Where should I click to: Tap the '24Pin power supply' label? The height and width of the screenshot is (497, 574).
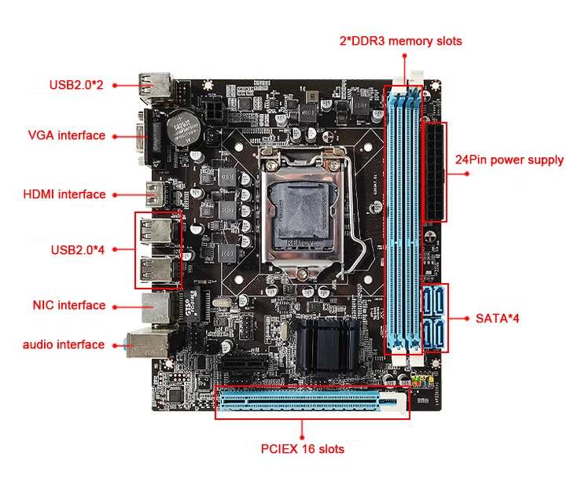(x=509, y=160)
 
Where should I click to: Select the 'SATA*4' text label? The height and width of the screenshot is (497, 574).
(x=497, y=318)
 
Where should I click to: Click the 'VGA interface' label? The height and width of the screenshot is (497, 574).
(x=66, y=135)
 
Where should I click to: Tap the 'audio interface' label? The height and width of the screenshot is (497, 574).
(x=63, y=344)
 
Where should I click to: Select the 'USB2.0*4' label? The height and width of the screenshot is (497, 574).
(x=77, y=249)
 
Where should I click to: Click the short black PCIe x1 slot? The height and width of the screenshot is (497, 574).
(x=244, y=365)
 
